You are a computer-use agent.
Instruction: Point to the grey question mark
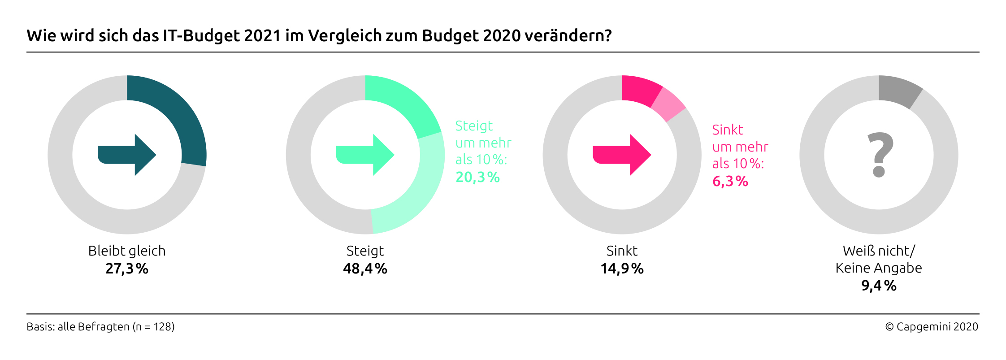point(880,155)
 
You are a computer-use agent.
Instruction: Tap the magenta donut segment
point(639,90)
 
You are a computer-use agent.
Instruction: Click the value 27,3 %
point(127,269)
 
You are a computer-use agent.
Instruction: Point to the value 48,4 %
point(365,269)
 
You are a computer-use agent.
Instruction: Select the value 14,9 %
point(622,269)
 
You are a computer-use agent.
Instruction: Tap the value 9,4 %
point(879,286)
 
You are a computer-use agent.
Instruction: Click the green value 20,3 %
point(477,178)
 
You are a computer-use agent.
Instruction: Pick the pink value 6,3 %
point(730,182)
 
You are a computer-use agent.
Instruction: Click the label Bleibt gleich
point(127,251)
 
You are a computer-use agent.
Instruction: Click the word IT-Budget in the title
point(201,36)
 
